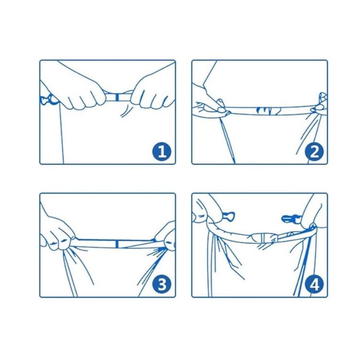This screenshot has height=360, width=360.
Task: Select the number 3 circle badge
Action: pyautogui.click(x=162, y=285)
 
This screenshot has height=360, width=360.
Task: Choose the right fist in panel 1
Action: pyautogui.click(x=153, y=94)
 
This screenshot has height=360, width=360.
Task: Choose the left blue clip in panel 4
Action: pyautogui.click(x=222, y=215)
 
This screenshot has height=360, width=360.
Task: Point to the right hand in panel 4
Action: pyautogui.click(x=312, y=214)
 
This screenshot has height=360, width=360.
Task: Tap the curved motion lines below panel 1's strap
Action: pyautogui.click(x=126, y=112)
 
